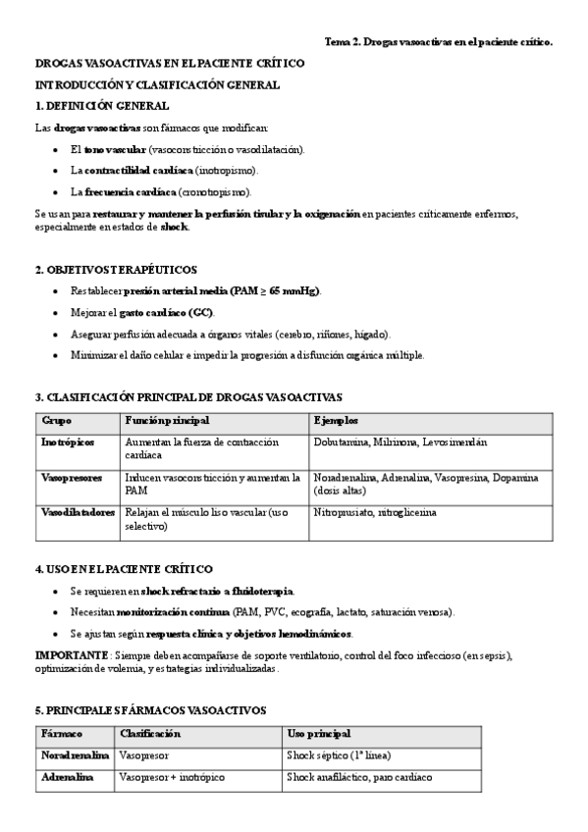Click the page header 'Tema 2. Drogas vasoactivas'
pos(438,42)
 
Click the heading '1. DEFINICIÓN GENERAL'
pos(101,106)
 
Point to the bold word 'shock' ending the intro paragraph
pos(174,227)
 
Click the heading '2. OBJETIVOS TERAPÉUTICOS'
pos(115,269)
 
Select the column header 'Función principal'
pos(166,421)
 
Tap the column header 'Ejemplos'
pos(336,421)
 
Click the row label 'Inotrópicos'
pos(68,442)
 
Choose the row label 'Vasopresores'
pos(71,478)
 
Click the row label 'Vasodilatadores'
pos(79,512)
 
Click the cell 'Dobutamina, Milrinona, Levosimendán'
pos(400,442)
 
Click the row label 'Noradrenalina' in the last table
pos(76,755)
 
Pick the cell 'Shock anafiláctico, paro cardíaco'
pos(359,777)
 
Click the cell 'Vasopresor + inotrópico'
pos(171,777)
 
